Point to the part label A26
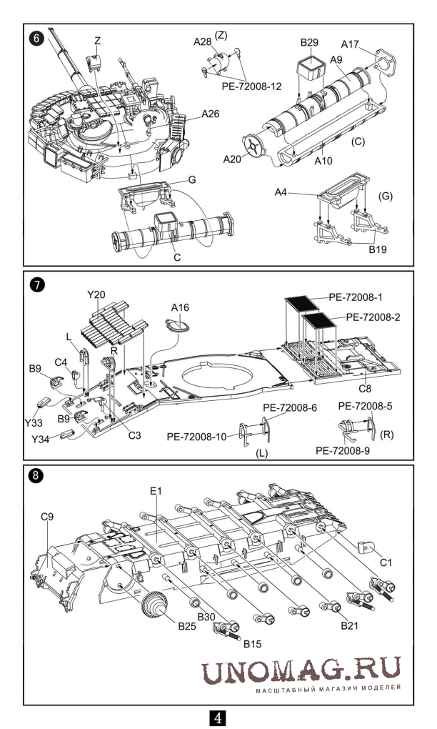tap(211, 114)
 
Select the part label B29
tap(309, 44)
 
